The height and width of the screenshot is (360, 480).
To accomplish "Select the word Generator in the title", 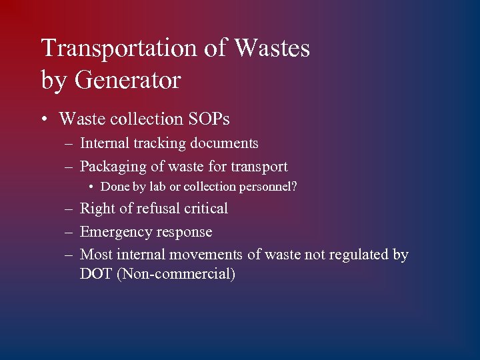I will click(128, 81).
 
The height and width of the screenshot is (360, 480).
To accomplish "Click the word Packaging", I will click(109, 167).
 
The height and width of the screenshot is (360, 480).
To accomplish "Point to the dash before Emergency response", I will click(69, 232).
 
